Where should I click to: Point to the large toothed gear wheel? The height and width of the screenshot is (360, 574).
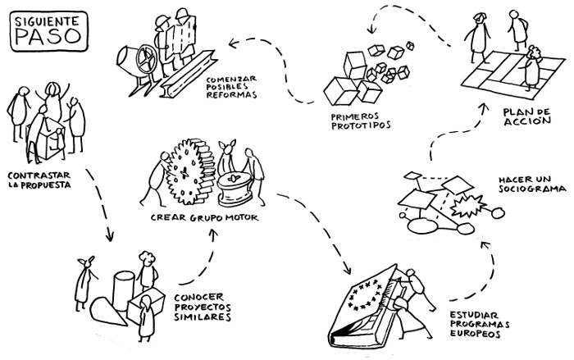(185, 172)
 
